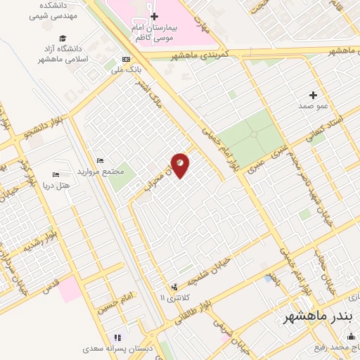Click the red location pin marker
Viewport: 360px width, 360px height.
(x=181, y=165)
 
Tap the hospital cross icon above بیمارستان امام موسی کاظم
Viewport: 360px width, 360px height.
(x=154, y=15)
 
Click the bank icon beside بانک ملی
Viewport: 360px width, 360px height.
(x=126, y=59)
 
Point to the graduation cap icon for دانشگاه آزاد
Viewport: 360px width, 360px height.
(x=63, y=38)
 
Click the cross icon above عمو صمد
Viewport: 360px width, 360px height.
(x=313, y=94)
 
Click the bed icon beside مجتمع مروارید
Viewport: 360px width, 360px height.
(x=100, y=161)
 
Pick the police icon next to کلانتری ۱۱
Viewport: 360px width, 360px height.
(x=174, y=287)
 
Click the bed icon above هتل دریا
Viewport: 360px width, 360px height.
(x=56, y=174)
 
